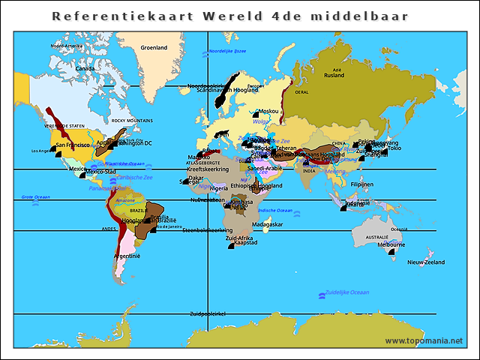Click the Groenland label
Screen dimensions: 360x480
click(x=154, y=47)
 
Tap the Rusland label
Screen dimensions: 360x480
click(x=334, y=75)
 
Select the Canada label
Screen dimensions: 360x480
click(x=85, y=68)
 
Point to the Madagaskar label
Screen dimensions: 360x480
click(x=267, y=224)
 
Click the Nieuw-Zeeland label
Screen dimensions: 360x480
click(x=425, y=262)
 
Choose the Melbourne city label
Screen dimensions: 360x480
click(x=391, y=244)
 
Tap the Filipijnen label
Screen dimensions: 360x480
click(x=361, y=184)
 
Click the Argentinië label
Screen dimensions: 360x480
click(x=127, y=256)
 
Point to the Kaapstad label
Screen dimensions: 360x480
click(x=246, y=242)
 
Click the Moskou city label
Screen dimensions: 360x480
click(x=268, y=111)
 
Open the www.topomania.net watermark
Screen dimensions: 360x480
click(x=424, y=341)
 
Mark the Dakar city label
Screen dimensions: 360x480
click(x=195, y=178)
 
